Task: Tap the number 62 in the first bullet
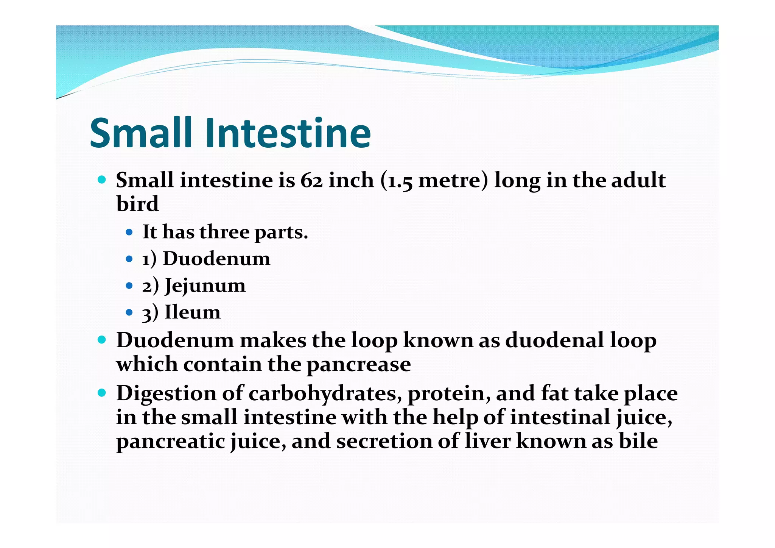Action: (311, 180)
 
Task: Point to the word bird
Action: (137, 204)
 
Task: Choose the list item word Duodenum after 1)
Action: (216, 259)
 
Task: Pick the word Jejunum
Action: (205, 286)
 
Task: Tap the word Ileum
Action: (193, 312)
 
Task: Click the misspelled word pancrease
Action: (358, 365)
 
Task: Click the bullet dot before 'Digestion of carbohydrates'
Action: (102, 393)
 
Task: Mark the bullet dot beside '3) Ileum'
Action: (129, 312)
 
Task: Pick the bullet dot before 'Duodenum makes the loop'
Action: (102, 340)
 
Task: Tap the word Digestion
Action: (165, 394)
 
